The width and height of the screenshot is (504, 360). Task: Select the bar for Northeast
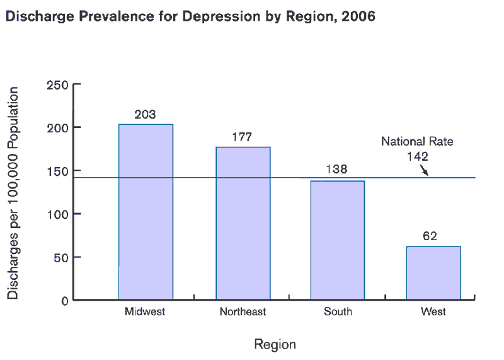click(x=243, y=223)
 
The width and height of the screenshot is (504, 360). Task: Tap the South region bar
click(x=337, y=240)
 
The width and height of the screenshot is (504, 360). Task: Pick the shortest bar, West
click(x=433, y=273)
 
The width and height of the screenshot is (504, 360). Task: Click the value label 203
click(x=145, y=115)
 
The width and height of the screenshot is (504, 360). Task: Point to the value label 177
click(x=242, y=137)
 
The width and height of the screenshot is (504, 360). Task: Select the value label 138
click(x=336, y=169)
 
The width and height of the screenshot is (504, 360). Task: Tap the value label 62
click(x=430, y=236)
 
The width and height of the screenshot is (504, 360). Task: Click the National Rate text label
click(x=417, y=142)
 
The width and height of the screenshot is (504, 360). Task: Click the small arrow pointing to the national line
click(x=424, y=170)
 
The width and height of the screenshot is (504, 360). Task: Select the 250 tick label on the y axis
click(x=57, y=85)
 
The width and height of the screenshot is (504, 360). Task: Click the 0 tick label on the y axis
click(x=64, y=301)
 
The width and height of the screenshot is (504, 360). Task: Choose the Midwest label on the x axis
click(x=145, y=311)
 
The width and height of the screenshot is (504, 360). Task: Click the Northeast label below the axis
click(x=243, y=311)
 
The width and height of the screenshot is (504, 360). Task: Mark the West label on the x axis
click(x=433, y=311)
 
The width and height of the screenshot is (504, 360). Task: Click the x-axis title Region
click(x=275, y=344)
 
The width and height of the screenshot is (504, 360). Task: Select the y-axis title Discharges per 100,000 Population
click(x=13, y=193)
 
